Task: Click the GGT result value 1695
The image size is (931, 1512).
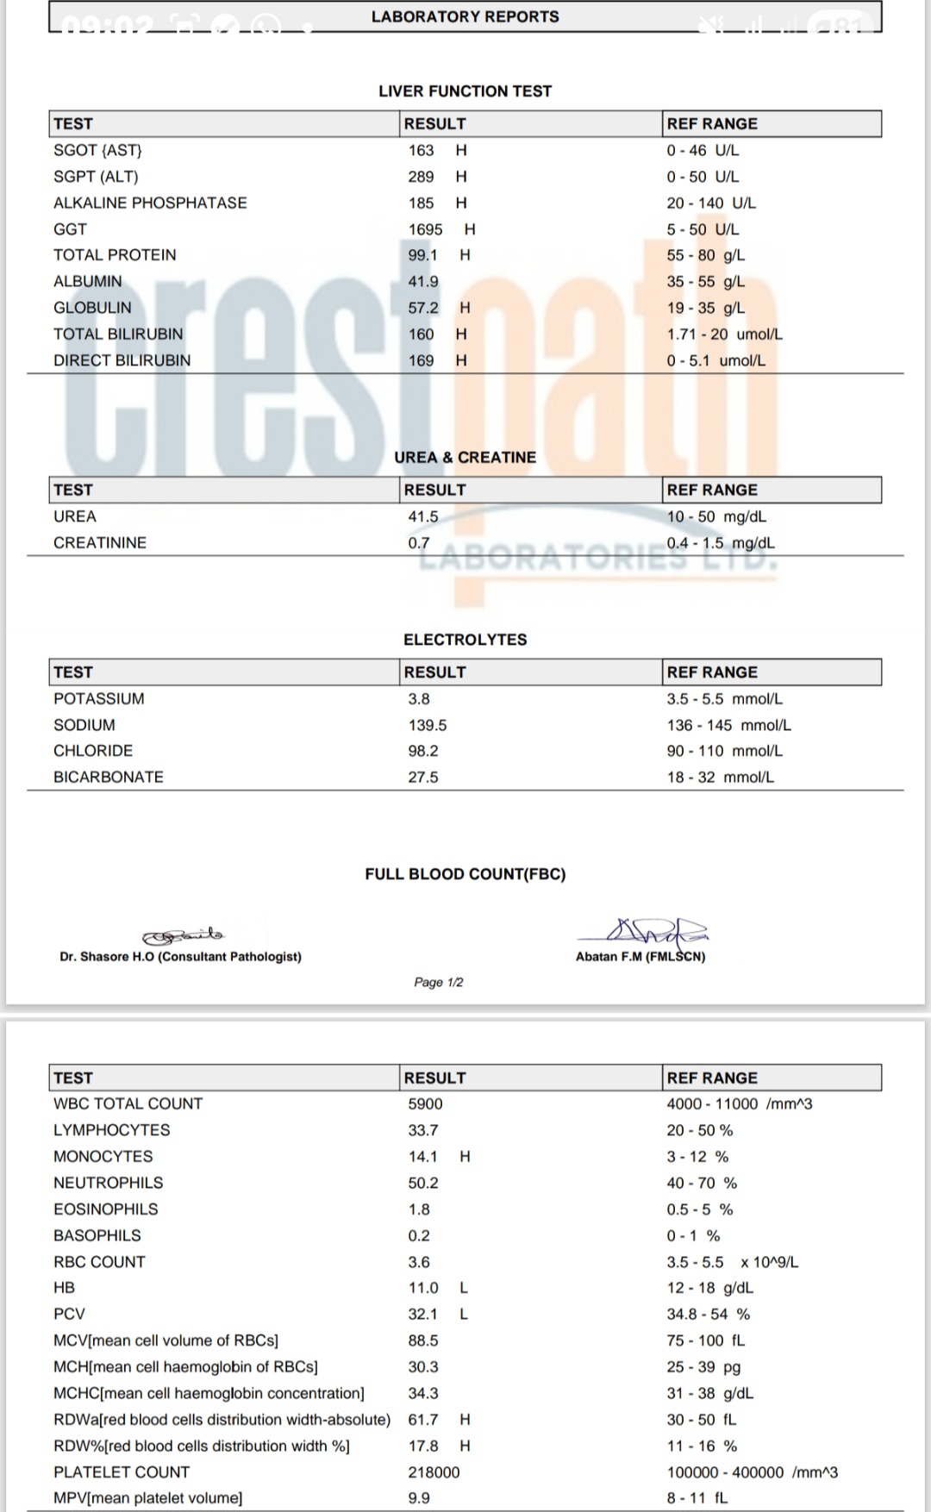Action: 425,229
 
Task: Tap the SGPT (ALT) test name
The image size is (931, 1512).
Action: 96,177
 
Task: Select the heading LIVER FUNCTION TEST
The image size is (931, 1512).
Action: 465,91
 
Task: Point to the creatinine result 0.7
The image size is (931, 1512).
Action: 419,543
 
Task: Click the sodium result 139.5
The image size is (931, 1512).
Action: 428,725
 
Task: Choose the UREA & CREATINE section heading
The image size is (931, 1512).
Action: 465,458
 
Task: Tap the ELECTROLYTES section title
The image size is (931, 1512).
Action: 465,640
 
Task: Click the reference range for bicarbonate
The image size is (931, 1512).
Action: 720,777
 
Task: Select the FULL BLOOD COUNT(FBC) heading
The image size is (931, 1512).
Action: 465,874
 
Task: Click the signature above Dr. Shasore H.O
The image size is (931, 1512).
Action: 183,935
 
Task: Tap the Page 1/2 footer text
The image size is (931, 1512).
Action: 438,982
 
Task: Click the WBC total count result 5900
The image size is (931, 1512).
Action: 425,1103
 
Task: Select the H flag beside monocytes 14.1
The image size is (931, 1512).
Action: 465,1156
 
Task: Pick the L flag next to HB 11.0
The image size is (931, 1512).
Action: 464,1288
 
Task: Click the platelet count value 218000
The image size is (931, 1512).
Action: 434,1472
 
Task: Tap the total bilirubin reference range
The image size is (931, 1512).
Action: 724,334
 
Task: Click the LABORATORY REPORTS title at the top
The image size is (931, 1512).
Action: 465,16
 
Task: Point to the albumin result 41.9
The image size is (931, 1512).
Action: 423,282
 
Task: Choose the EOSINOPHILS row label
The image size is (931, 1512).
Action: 105,1209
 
